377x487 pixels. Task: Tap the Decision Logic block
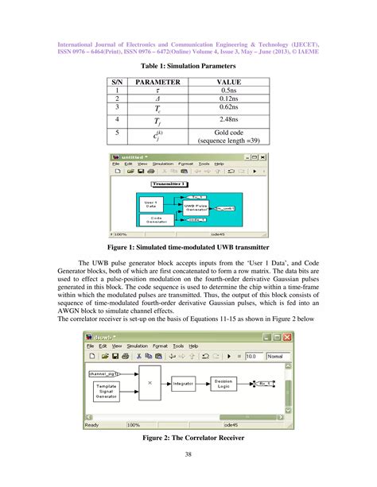[223, 383]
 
